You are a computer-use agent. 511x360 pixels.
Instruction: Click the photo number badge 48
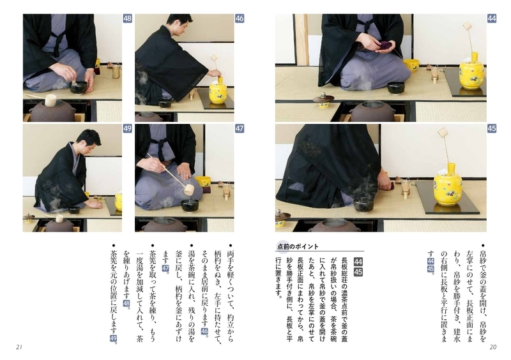click(127, 19)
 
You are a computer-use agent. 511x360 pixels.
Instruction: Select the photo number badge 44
click(491, 19)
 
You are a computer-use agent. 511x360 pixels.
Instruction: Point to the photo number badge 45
click(491, 129)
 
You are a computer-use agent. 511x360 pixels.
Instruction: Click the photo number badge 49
click(127, 129)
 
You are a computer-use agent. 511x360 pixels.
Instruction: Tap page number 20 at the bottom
click(492, 347)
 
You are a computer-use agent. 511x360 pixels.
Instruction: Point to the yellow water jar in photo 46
click(218, 90)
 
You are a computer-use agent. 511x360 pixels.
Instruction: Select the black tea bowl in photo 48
click(79, 87)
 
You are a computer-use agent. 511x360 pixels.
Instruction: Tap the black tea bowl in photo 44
click(396, 87)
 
